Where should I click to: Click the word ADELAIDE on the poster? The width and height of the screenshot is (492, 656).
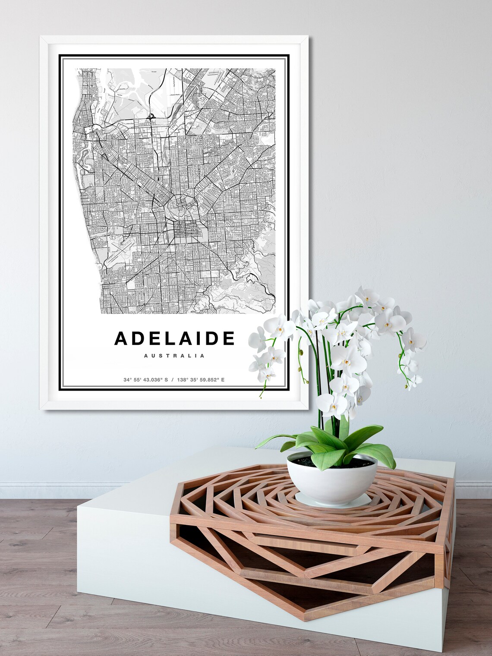(x=174, y=338)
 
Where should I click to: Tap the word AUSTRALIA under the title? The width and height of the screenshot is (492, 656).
(x=174, y=356)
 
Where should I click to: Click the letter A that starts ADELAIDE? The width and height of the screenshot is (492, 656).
(x=121, y=338)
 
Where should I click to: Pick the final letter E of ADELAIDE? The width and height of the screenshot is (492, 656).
(x=229, y=338)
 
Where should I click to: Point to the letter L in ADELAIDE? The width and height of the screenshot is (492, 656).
(x=166, y=338)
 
